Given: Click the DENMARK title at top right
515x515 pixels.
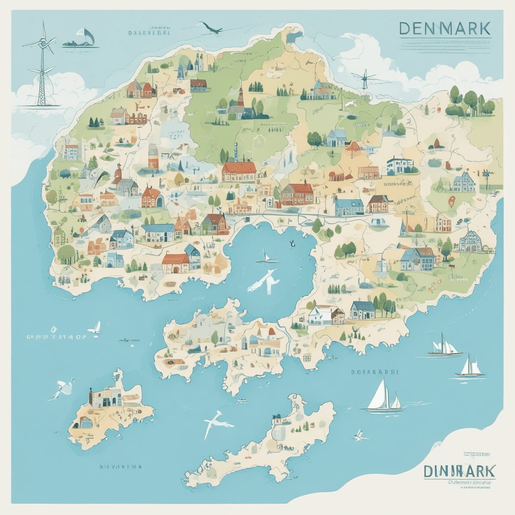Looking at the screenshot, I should point(445,29).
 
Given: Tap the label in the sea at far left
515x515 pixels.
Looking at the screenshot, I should point(56,336).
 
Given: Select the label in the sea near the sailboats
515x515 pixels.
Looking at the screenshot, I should point(374,372).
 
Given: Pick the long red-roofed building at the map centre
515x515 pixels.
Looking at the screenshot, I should point(239,172).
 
